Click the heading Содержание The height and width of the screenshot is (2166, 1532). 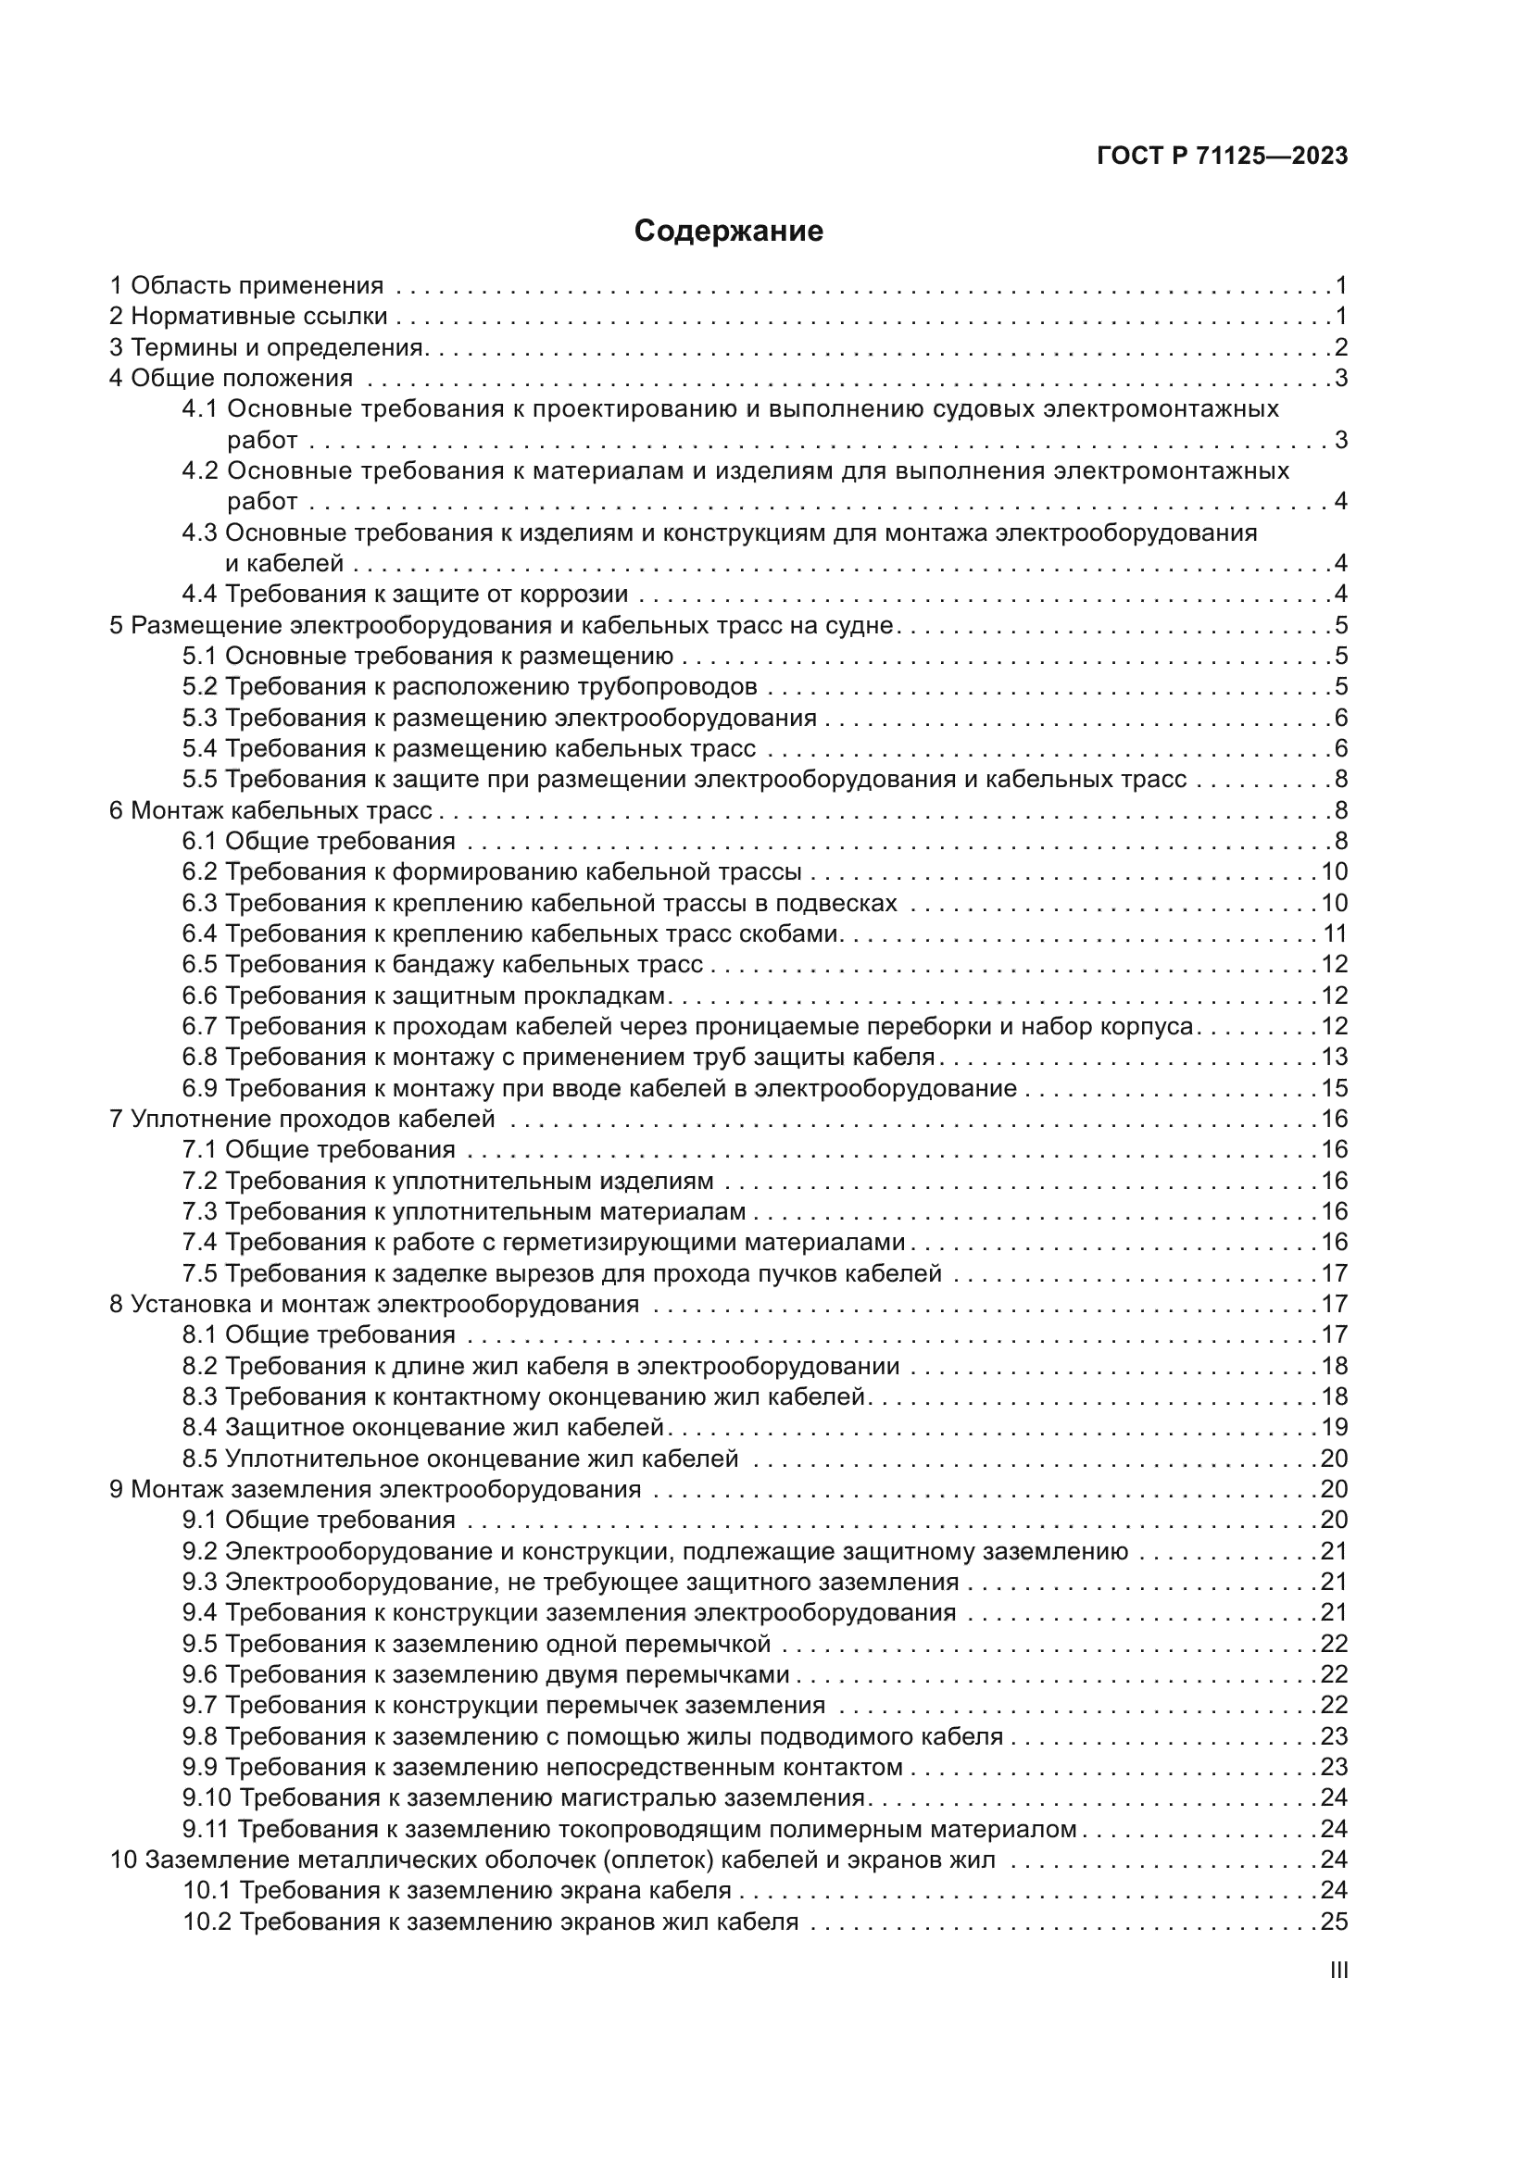pos(728,232)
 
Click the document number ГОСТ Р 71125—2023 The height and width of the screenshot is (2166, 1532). pos(1223,157)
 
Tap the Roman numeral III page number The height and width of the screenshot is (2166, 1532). pos(1337,1970)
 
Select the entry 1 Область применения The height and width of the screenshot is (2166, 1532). pos(246,286)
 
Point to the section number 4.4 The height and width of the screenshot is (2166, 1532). pos(199,595)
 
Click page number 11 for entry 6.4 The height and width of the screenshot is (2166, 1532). pos(1334,934)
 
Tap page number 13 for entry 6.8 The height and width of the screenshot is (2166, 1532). pos(1334,1058)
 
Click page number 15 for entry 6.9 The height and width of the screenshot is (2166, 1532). pos(1334,1089)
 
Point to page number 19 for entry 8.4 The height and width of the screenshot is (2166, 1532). pos(1334,1427)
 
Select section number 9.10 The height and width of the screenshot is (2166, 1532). pos(206,1798)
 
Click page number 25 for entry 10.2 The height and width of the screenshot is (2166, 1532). pos(1334,1922)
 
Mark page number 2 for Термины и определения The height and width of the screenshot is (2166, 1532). pos(1340,347)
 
